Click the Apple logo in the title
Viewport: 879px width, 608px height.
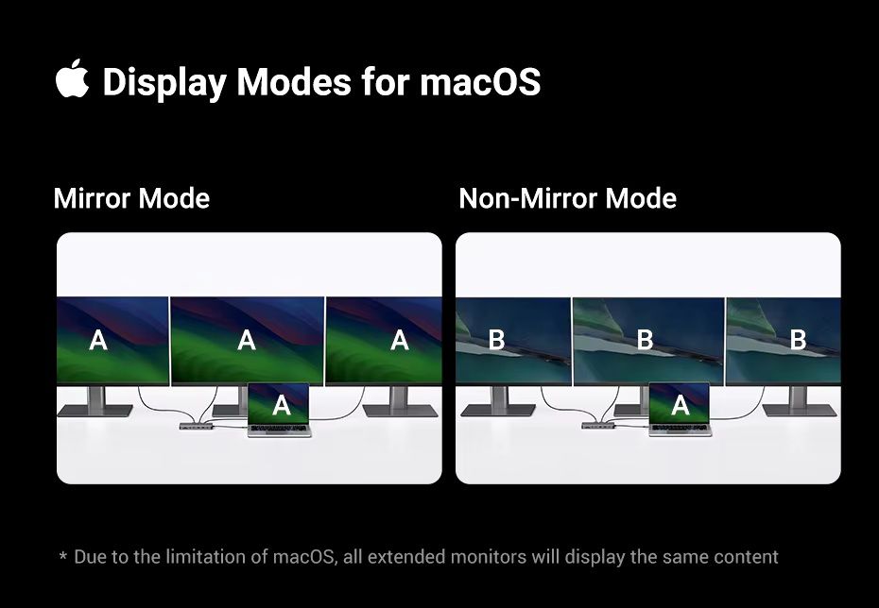[x=73, y=78]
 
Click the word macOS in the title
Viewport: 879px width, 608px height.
[x=480, y=82]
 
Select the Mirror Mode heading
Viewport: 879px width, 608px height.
[x=131, y=198]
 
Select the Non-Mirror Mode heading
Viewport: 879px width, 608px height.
[x=567, y=198]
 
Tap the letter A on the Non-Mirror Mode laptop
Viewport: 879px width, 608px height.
[x=680, y=405]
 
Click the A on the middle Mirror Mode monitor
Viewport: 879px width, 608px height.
[x=247, y=341]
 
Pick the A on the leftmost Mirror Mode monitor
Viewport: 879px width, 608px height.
[x=98, y=341]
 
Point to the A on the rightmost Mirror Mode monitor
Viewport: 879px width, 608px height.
[x=399, y=341]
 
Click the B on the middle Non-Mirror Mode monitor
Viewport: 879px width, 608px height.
[x=646, y=340]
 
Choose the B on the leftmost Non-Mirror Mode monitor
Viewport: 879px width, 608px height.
[x=496, y=340]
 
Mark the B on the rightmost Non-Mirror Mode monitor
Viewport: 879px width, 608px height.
[x=798, y=340]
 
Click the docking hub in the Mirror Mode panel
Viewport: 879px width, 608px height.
[x=196, y=427]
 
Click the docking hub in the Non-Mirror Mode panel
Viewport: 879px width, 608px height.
[x=598, y=426]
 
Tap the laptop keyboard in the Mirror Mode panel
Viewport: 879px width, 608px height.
[x=279, y=429]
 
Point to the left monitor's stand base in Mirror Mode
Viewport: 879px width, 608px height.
[x=95, y=412]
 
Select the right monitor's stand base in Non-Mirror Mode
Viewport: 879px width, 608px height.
[x=800, y=411]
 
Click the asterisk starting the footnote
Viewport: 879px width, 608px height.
[x=63, y=556]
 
